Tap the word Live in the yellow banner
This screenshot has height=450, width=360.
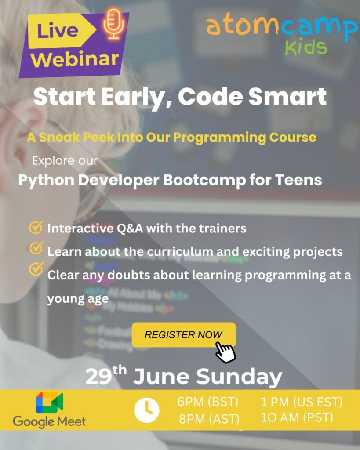click(x=58, y=31)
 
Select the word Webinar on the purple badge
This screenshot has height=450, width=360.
click(x=75, y=59)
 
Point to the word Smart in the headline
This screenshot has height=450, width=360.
click(x=287, y=96)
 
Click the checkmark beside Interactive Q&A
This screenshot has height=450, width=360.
click(x=36, y=227)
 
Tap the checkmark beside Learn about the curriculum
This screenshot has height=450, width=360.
click(x=36, y=248)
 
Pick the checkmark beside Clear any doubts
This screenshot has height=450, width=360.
click(x=36, y=269)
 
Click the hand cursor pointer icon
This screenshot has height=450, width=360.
click(x=225, y=352)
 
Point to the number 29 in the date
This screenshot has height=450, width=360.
click(x=98, y=377)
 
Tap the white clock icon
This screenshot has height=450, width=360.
click(x=147, y=410)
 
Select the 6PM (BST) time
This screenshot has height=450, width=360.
click(x=208, y=402)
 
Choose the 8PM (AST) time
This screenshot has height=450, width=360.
click(x=209, y=419)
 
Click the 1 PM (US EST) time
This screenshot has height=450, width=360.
click(x=302, y=402)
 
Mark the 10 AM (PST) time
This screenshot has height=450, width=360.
click(x=297, y=417)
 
